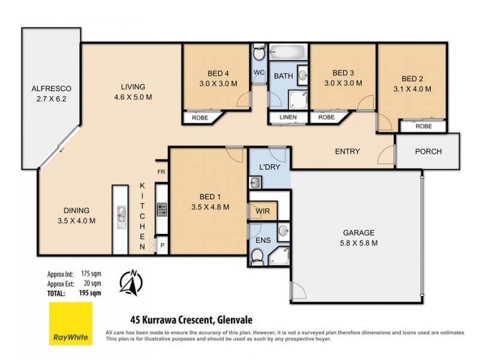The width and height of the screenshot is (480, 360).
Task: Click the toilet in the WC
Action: tap(259, 54)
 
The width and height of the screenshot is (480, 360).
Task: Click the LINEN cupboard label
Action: tap(287, 117)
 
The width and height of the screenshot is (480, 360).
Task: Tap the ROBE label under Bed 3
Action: tap(326, 118)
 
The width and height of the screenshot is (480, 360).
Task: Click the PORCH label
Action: tap(428, 151)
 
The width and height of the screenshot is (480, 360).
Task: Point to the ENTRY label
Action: tap(347, 152)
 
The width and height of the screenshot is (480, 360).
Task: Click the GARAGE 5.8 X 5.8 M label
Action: tap(359, 238)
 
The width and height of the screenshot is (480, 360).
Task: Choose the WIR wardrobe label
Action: tap(263, 212)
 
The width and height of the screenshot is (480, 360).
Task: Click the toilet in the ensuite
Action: tap(257, 257)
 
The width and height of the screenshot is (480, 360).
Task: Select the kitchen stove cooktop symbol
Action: tap(162, 209)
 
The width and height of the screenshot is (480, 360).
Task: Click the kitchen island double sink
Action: tap(121, 213)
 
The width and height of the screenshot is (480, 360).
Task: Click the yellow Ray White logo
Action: tap(70, 325)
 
